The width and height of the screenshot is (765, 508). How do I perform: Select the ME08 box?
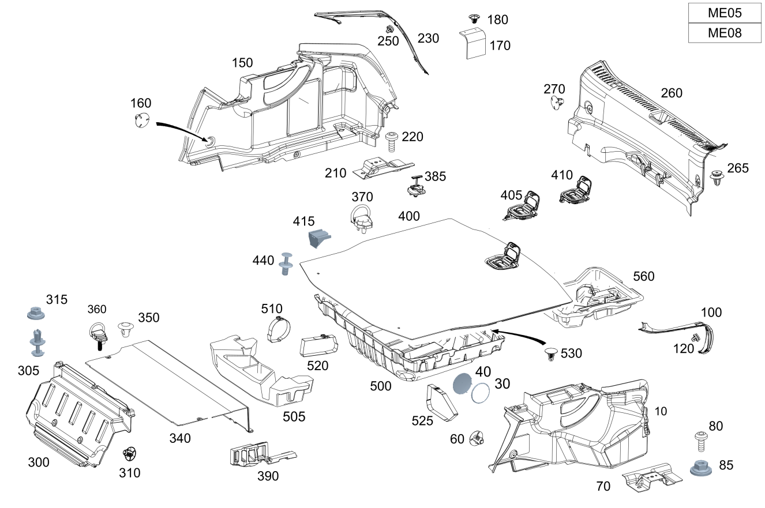pyautogui.click(x=725, y=33)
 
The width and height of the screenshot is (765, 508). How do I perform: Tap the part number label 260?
pyautogui.click(x=672, y=93)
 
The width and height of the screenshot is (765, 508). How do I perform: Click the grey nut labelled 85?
pyautogui.click(x=700, y=466)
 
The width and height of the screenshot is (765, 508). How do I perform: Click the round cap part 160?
pyautogui.click(x=140, y=122)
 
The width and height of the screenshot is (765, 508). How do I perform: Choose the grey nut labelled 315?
pyautogui.click(x=36, y=314)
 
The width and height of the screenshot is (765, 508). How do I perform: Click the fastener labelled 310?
pyautogui.click(x=130, y=454)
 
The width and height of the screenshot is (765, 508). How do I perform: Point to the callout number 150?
pyautogui.click(x=242, y=63)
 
